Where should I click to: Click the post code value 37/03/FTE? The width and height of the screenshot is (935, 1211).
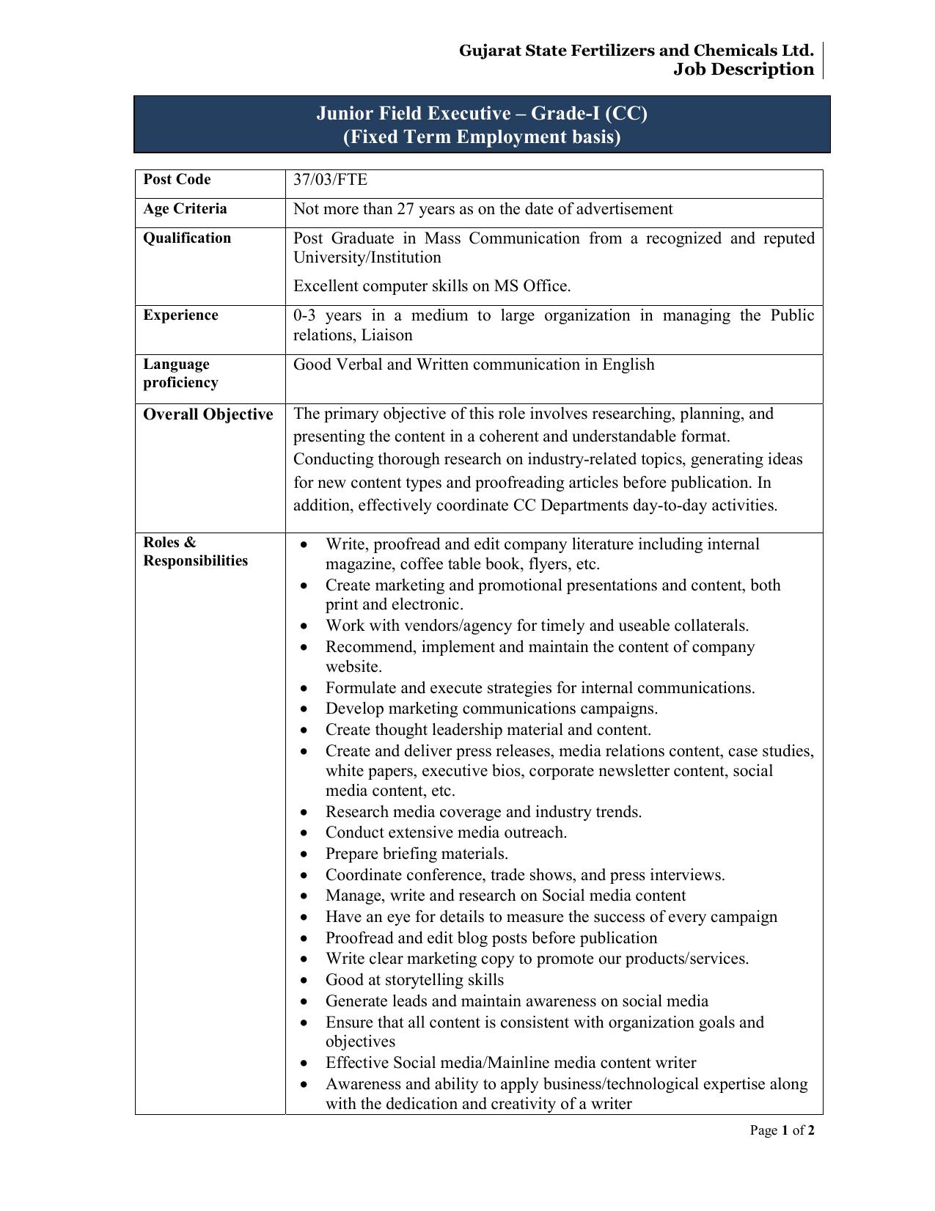click(x=330, y=180)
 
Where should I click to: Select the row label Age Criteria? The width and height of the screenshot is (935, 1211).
click(x=185, y=209)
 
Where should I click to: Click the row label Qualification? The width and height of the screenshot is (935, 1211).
click(x=187, y=238)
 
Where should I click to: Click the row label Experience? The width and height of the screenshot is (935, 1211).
click(x=180, y=315)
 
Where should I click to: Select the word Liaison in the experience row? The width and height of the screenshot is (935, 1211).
click(x=386, y=335)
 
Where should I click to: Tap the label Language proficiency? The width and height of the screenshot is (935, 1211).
click(x=180, y=373)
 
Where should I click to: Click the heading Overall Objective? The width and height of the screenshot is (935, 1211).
click(x=208, y=414)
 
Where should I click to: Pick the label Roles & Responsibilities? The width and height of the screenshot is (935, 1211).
click(x=195, y=552)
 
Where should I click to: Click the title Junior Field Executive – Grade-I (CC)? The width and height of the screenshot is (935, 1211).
click(x=482, y=114)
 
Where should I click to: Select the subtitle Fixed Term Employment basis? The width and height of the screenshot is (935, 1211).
click(x=482, y=137)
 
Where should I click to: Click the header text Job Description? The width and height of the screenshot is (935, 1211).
click(x=744, y=70)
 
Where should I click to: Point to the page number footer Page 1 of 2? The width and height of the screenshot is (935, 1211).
click(x=782, y=1130)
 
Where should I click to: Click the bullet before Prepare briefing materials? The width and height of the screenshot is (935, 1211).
click(x=305, y=855)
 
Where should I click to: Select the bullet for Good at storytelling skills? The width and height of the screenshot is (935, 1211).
click(x=305, y=981)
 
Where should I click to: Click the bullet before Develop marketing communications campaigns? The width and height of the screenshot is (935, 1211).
click(x=305, y=709)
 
